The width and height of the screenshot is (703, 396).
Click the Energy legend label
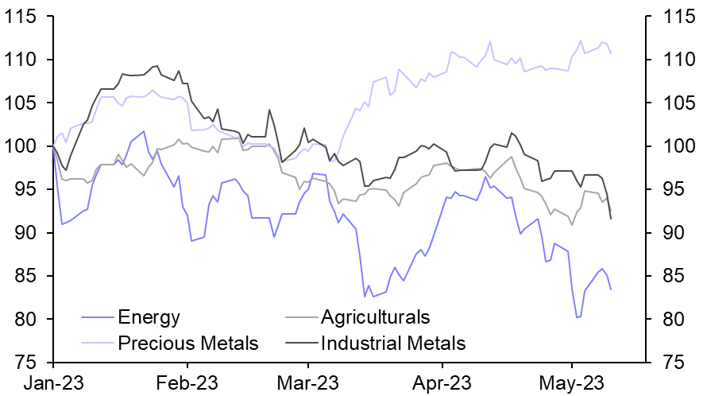tap(149, 318)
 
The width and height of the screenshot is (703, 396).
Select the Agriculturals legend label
tap(375, 318)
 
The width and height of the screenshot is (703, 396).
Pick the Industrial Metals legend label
tap(393, 344)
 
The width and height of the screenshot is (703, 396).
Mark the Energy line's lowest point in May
tap(578, 317)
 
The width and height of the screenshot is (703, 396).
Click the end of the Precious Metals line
tap(611, 53)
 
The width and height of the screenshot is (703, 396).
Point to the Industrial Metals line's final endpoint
tap(611, 219)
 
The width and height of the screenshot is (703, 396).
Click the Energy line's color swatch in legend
tap(97, 319)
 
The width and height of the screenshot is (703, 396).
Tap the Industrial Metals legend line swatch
tap(299, 344)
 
